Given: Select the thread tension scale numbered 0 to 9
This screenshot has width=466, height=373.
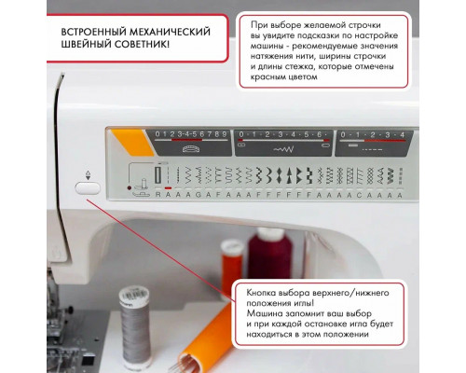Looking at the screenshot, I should (190, 135).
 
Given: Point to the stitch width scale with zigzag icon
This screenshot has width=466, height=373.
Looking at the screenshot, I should (281, 135).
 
